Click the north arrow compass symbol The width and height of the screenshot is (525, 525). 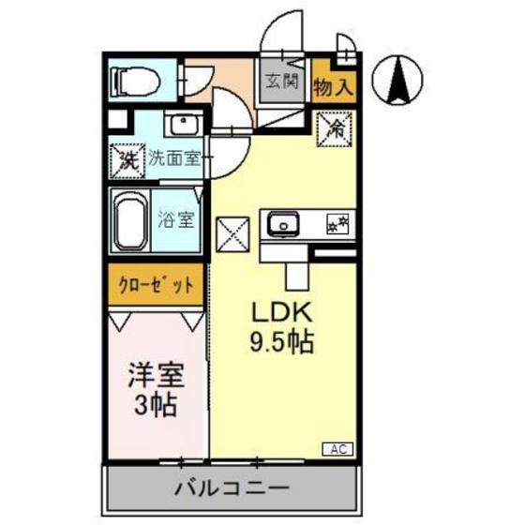(x=398, y=79)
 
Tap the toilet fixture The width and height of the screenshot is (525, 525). (x=136, y=82)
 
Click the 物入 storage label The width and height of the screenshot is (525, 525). (x=333, y=88)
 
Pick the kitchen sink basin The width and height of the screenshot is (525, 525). (x=282, y=225)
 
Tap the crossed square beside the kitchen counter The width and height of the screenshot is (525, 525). (x=232, y=232)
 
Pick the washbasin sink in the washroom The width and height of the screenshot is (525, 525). (x=180, y=125)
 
